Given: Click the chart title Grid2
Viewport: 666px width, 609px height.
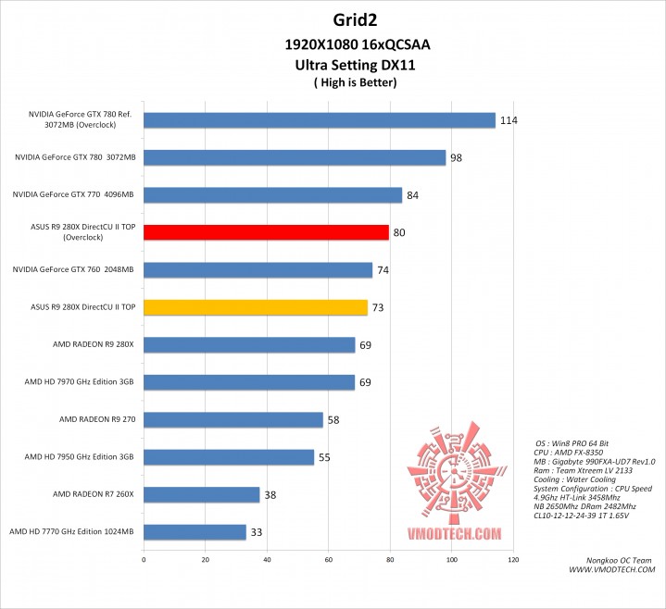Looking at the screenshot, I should (333, 19).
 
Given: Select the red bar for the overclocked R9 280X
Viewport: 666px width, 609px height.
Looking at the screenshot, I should (266, 231).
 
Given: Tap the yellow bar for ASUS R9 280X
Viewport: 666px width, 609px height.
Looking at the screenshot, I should (256, 307).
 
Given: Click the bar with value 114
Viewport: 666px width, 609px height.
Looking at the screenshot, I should (320, 119).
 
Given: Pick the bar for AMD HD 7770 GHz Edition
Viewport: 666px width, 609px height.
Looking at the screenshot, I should (195, 532).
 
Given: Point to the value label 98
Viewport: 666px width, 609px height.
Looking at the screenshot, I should (456, 158).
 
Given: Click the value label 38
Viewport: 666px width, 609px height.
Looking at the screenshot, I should (270, 495).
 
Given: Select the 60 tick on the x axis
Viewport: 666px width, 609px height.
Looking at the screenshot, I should (329, 559).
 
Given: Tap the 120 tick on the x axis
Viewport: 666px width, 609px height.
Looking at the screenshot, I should (513, 559).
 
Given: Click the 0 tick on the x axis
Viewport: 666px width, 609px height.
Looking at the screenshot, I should (144, 559).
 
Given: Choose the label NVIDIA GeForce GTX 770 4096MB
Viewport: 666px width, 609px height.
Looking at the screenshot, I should (73, 194).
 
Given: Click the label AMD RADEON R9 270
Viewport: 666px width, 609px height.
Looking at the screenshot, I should (96, 419).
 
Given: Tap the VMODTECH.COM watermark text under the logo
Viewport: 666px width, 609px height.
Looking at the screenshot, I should (454, 534).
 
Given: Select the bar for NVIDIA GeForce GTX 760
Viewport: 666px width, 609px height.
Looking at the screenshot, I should (258, 269).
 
